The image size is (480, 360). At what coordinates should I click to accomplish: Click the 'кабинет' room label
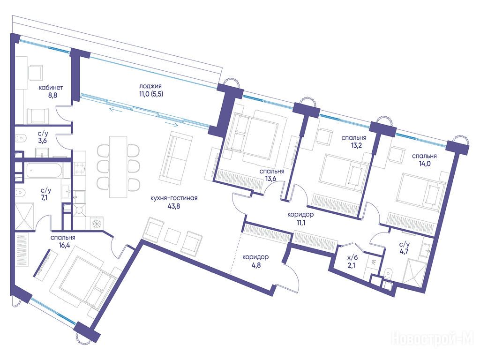[51, 88]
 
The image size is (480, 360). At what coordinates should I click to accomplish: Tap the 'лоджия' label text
[150, 86]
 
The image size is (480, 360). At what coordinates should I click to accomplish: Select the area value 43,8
[174, 206]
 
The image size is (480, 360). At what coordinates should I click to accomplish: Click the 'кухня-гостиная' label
[174, 198]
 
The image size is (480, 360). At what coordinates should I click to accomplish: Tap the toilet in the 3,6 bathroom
[20, 138]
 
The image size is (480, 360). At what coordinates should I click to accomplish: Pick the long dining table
[118, 167]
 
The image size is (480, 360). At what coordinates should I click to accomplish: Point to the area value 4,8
[256, 265]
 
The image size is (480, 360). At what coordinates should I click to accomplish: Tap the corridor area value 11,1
[300, 223]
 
